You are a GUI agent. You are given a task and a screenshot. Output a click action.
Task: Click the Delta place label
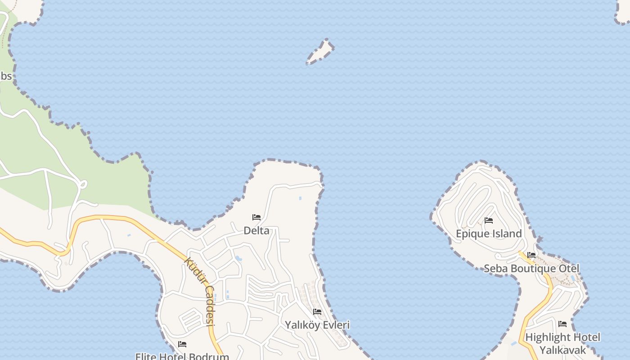coord(256,231)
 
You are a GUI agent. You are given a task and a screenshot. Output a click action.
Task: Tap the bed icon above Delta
coord(256,217)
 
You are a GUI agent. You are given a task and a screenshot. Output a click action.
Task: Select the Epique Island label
coord(489,234)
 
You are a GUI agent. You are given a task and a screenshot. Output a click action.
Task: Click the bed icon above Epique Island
coord(489,220)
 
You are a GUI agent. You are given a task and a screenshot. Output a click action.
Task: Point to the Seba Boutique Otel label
coord(531,269)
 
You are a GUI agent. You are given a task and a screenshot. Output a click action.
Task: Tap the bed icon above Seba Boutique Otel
coord(531,255)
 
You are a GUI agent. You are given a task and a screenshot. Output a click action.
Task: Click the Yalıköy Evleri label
coord(317,325)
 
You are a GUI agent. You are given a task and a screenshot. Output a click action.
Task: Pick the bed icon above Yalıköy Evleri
coord(317,312)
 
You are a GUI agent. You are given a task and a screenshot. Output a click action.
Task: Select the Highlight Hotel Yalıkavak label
coord(562,343)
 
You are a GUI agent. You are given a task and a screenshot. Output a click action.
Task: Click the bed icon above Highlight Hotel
coord(562,324)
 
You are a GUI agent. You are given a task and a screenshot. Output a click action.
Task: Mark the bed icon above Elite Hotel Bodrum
coord(182,344)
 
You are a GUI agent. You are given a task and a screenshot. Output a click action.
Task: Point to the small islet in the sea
coord(321,52)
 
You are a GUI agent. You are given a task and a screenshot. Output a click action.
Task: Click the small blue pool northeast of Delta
coord(300,198)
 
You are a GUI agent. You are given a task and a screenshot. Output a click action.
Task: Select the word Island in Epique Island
coord(507,234)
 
